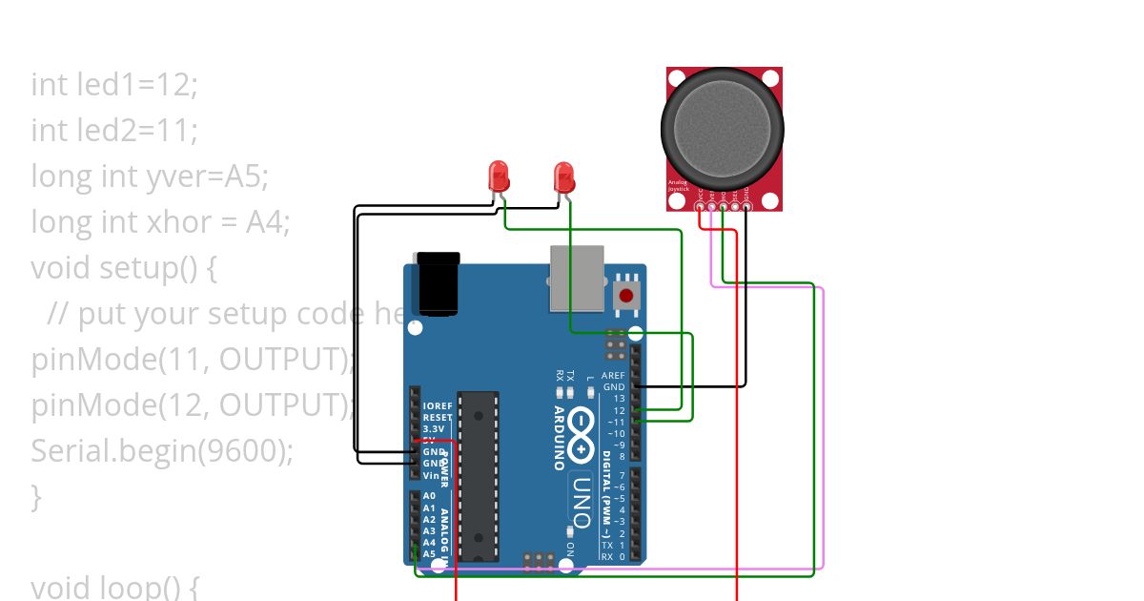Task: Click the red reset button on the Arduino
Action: [x=626, y=295]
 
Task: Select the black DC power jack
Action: [x=439, y=283]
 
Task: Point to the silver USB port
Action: [x=578, y=277]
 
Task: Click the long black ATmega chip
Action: [x=478, y=475]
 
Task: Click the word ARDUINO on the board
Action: [x=559, y=438]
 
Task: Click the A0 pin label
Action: [x=429, y=496]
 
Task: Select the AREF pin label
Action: [x=613, y=376]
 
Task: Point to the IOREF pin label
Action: [x=438, y=405]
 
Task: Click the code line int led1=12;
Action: [x=114, y=84]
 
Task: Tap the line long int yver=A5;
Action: [x=150, y=176]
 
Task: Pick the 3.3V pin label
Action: [x=433, y=429]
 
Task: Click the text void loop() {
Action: [x=114, y=586]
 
